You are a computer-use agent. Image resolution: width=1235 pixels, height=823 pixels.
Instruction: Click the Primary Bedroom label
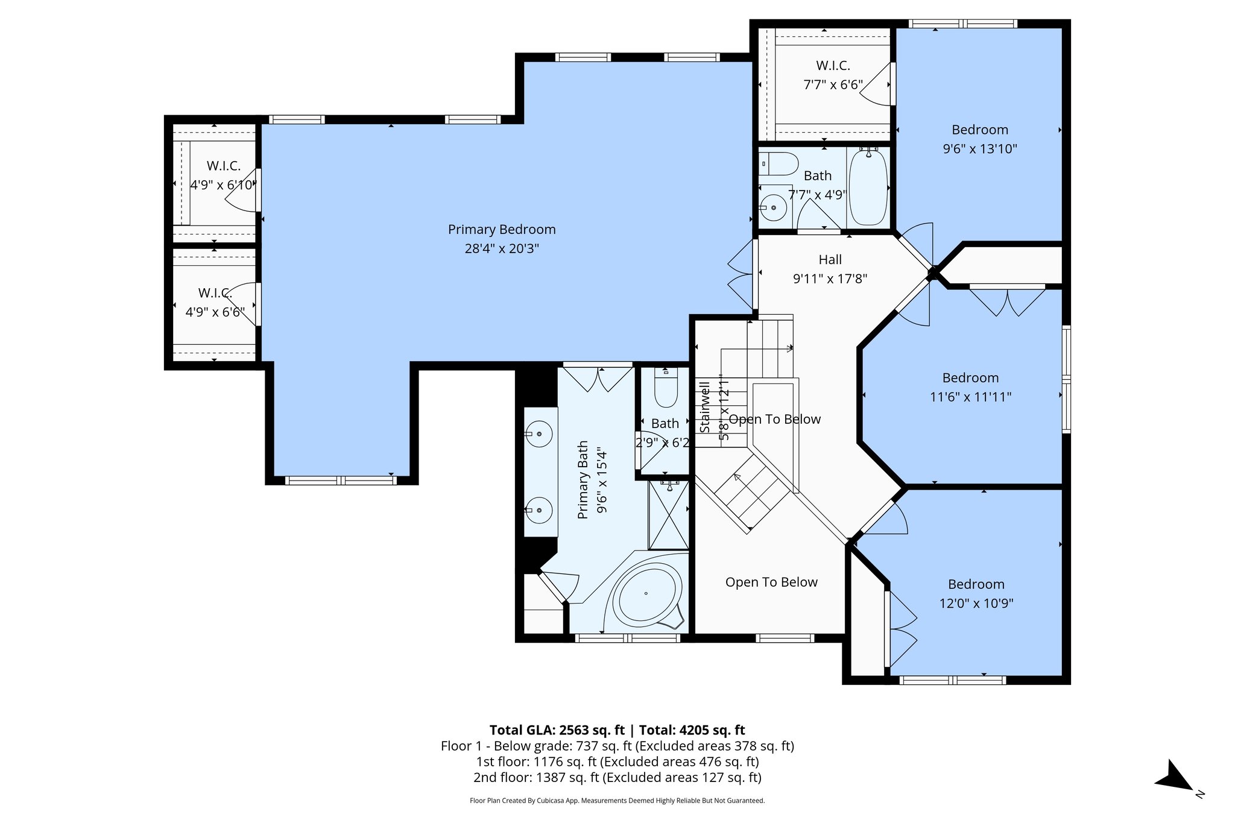point(501,229)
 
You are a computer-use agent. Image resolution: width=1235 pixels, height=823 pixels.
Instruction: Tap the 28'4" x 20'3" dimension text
point(501,248)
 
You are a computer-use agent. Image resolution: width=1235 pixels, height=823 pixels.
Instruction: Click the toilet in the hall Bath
point(779,163)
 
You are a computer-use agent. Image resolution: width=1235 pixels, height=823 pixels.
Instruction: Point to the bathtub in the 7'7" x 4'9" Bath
point(868,187)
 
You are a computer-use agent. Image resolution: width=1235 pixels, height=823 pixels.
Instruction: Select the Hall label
point(830,260)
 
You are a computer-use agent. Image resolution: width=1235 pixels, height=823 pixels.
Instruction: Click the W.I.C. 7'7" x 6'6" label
point(833,75)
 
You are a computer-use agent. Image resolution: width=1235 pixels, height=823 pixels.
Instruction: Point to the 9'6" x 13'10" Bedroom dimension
point(979,149)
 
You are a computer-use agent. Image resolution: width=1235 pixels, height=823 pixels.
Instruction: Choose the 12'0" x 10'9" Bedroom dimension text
point(976,604)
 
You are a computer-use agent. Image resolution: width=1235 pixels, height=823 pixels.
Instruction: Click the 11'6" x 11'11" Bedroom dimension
point(970,397)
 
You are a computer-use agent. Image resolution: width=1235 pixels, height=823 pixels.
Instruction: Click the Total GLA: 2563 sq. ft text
point(557,730)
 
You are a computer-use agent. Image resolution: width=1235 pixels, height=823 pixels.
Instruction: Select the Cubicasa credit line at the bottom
point(617,801)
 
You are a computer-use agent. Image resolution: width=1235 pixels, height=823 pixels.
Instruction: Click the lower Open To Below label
point(771,582)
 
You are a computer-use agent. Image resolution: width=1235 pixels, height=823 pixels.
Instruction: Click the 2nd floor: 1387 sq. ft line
point(617,777)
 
